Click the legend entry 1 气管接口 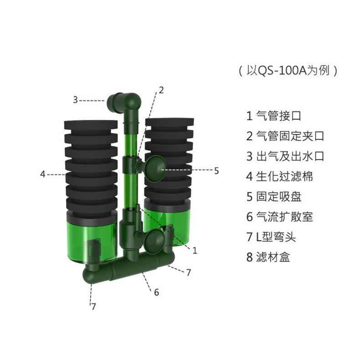point(273,115)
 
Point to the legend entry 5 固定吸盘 point(273,196)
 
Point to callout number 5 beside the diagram point(216,171)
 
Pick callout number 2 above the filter point(160,90)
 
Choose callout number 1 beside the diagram point(195,250)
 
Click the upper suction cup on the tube point(155,166)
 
